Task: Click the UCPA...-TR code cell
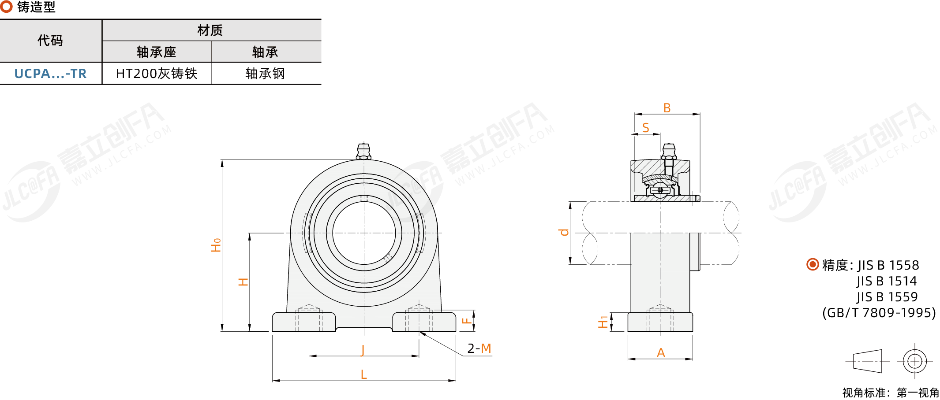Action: (x=50, y=74)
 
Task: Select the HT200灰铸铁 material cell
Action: (x=157, y=74)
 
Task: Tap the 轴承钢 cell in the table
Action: (x=265, y=74)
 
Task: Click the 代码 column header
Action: (x=50, y=41)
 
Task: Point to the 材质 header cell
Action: (x=210, y=30)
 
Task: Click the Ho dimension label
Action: (x=216, y=245)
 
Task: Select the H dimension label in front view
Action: (x=243, y=282)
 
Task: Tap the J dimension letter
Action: (x=363, y=350)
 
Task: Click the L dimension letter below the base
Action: (x=363, y=374)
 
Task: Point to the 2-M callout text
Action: (x=479, y=348)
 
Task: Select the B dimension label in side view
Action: (x=667, y=108)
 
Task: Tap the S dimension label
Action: (x=645, y=128)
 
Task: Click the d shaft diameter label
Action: (x=564, y=232)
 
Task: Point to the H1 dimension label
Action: (x=603, y=322)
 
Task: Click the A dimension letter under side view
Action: (x=660, y=353)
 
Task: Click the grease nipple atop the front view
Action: (x=363, y=151)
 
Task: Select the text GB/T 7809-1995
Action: (x=879, y=313)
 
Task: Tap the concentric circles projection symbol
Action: (x=914, y=361)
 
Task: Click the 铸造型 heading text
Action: (x=36, y=7)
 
